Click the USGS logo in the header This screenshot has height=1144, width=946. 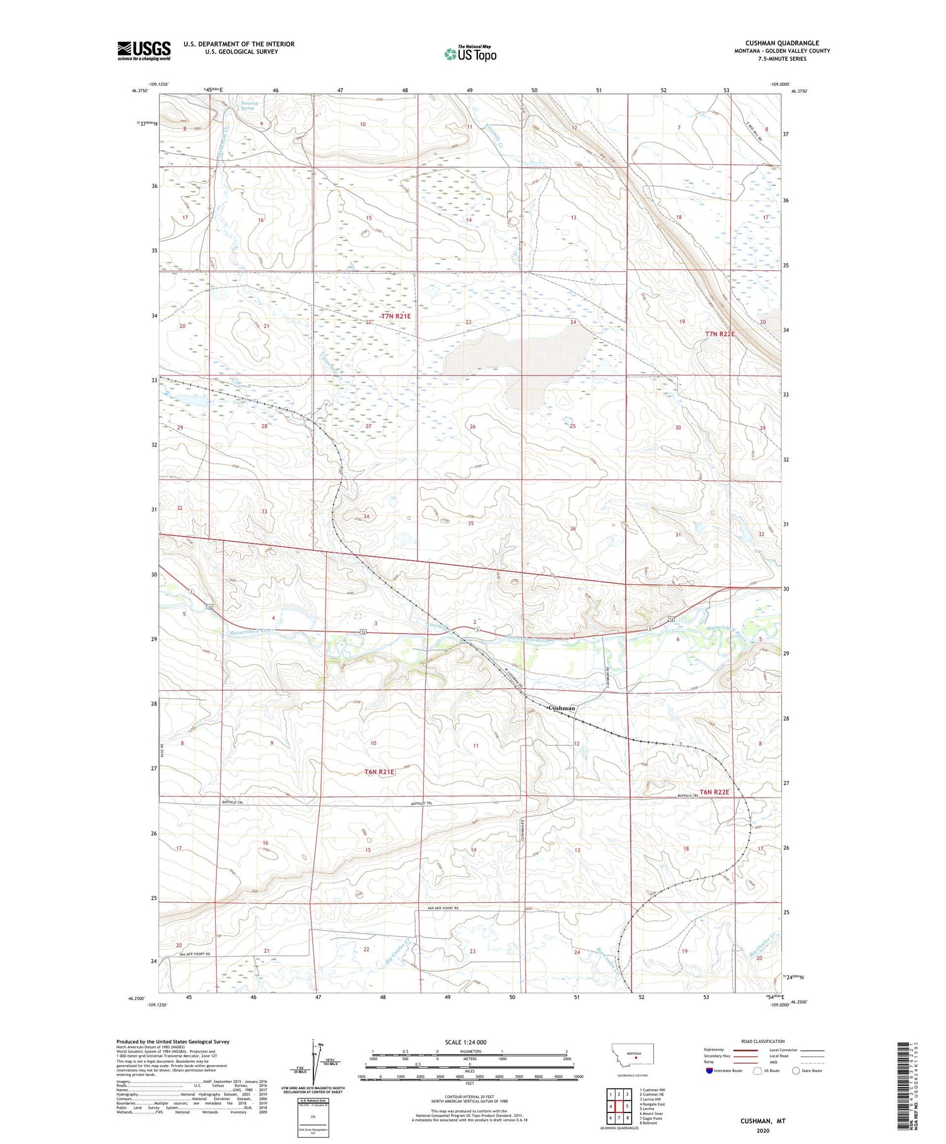[x=143, y=50]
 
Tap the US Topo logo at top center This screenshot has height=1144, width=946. [x=470, y=54]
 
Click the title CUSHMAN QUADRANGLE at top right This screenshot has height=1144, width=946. [x=781, y=43]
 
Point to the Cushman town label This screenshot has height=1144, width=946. [x=561, y=708]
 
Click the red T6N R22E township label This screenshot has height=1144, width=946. [x=714, y=792]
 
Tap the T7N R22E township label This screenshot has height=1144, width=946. [x=720, y=334]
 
